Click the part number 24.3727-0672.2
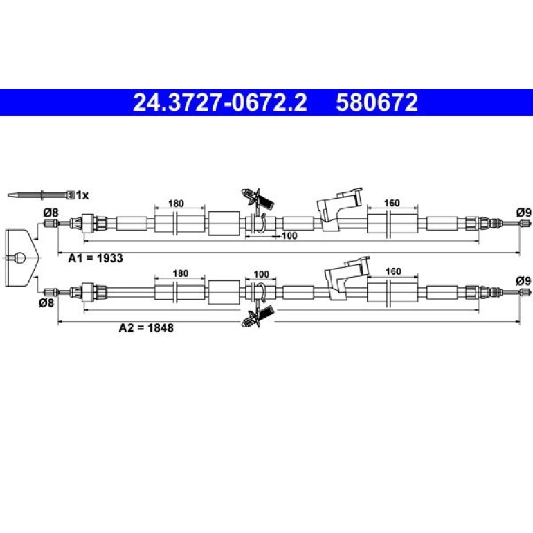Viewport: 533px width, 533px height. tap(220, 102)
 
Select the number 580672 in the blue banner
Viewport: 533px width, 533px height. tap(377, 102)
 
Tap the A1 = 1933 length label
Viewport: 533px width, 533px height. tap(96, 258)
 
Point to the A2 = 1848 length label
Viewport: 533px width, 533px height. tap(146, 327)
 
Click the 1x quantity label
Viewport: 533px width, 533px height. tap(82, 195)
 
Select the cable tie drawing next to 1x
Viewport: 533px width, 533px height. tap(41, 195)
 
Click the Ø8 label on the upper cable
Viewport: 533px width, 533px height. tap(51, 213)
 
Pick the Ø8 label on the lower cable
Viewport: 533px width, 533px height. tap(46, 302)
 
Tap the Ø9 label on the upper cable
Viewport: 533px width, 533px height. tap(523, 213)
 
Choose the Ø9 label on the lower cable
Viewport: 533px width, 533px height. tap(523, 281)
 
